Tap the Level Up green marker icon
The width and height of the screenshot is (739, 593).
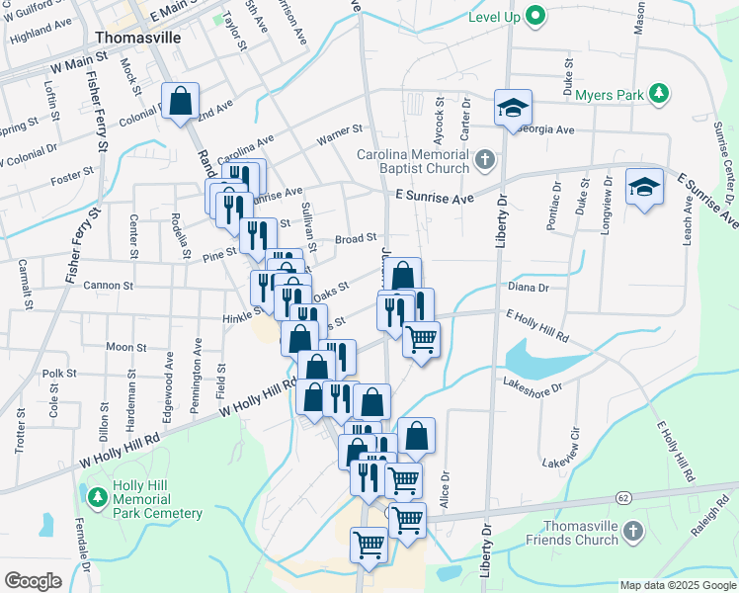535,16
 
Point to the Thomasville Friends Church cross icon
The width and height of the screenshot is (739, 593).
633,534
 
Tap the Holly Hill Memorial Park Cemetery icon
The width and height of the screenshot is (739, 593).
97,497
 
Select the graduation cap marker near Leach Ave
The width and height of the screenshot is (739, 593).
644,187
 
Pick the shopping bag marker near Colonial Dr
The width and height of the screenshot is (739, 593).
180,101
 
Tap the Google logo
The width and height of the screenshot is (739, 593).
33,580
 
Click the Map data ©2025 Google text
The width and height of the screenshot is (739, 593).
677,585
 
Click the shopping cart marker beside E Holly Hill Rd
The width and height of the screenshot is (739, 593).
422,340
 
